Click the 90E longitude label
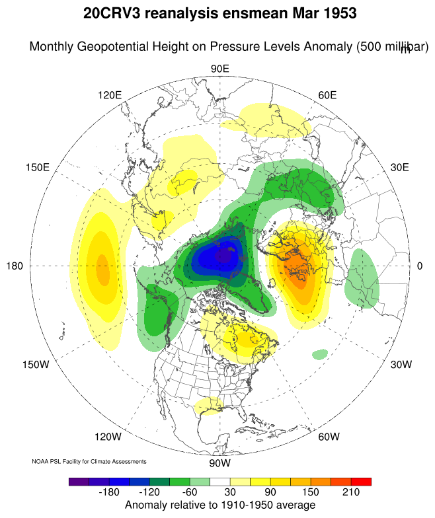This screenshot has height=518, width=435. [219, 69]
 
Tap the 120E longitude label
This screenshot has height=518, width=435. [110, 94]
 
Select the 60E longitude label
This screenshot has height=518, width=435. [328, 94]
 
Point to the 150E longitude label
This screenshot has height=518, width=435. [37, 167]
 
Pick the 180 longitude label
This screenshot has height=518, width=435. [15, 266]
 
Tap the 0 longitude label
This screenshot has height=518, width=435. [420, 266]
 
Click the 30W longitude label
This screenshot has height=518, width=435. [401, 365]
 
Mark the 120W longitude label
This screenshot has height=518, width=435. [108, 437]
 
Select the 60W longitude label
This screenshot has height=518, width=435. [329, 437]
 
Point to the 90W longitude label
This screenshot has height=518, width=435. [219, 462]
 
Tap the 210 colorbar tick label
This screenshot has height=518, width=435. [350, 494]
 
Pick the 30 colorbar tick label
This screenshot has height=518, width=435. [229, 494]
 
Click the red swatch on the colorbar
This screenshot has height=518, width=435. [361, 482]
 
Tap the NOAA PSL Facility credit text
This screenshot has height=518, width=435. [89, 461]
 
